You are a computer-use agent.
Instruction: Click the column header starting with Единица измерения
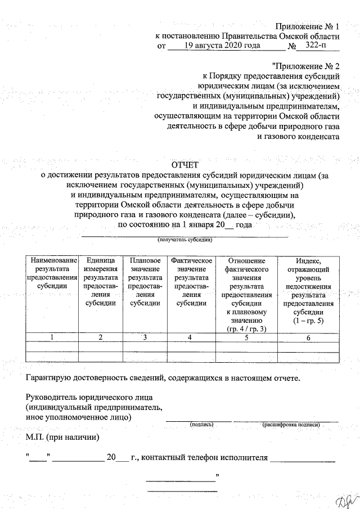click(x=101, y=282)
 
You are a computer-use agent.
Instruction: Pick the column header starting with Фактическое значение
click(x=191, y=282)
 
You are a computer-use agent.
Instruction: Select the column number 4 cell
click(x=191, y=337)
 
